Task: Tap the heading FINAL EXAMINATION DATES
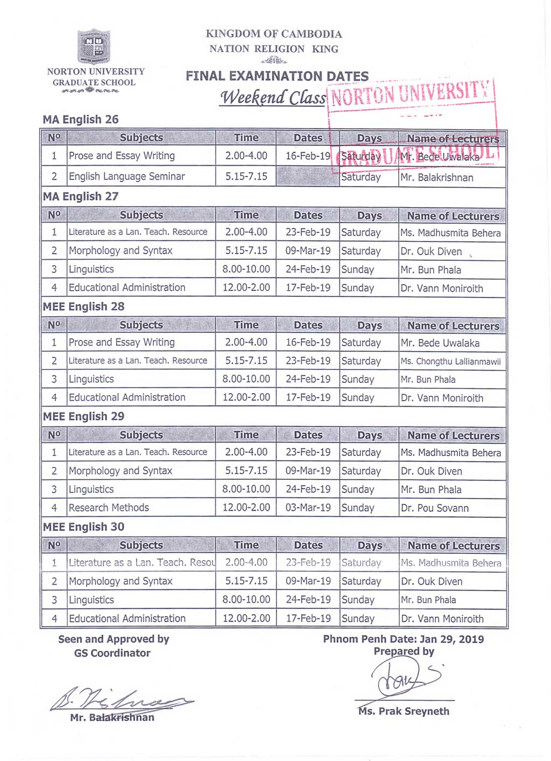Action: (277, 76)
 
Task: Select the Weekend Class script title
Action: (273, 97)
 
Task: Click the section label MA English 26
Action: (81, 119)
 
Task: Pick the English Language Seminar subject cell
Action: (127, 176)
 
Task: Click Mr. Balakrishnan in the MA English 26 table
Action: (437, 177)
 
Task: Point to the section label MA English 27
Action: (81, 196)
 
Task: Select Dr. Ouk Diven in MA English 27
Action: (431, 251)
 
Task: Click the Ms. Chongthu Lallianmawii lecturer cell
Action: (450, 361)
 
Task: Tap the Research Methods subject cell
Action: (109, 508)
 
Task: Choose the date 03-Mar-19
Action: (308, 508)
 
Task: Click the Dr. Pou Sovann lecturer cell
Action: (434, 508)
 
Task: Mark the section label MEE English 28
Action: (83, 307)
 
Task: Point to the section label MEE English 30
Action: (83, 527)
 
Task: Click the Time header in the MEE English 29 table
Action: (246, 435)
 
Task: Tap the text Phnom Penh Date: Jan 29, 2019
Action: (403, 639)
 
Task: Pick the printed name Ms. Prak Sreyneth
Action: (404, 711)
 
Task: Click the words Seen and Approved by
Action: (114, 639)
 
